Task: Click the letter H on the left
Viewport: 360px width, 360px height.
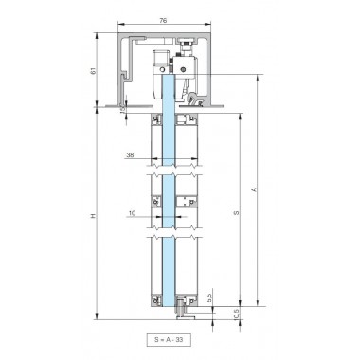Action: (x=92, y=218)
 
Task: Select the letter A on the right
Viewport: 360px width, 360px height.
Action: (x=254, y=189)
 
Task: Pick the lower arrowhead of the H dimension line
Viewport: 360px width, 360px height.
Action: (x=99, y=319)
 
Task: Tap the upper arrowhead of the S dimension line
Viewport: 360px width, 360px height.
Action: (x=241, y=111)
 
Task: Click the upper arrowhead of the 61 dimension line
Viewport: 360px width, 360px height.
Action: (x=99, y=36)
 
